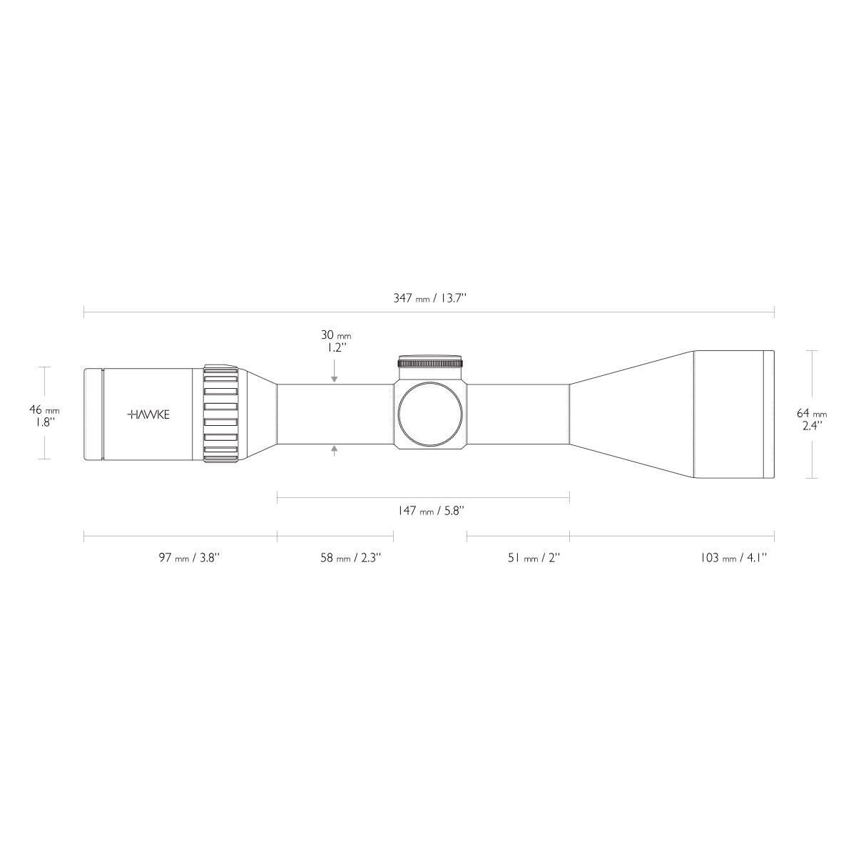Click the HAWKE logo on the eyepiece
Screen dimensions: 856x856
click(x=148, y=414)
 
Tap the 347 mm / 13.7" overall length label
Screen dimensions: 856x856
click(x=429, y=298)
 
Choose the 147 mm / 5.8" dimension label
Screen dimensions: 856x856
click(x=430, y=511)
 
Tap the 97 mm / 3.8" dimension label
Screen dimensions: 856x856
click(x=189, y=558)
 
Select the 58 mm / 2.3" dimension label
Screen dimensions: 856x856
click(x=350, y=558)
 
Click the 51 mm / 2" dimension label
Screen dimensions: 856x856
click(x=534, y=558)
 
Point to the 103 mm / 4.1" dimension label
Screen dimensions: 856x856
click(x=733, y=558)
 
